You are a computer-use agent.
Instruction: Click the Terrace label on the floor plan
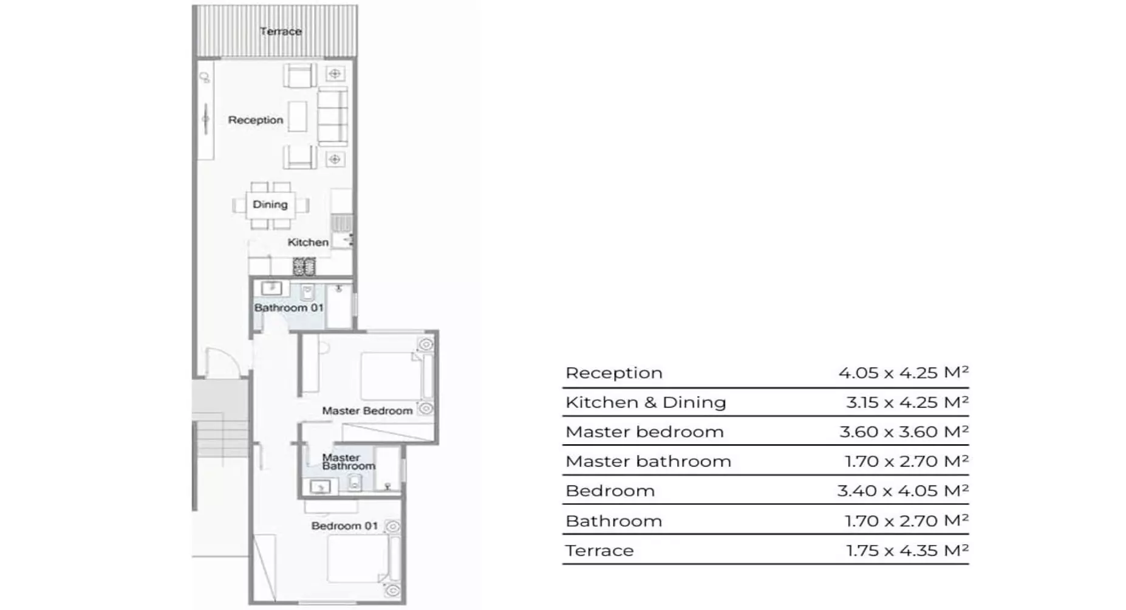click(281, 31)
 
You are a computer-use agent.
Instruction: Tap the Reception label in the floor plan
click(256, 120)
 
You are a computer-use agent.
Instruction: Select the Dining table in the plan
click(270, 205)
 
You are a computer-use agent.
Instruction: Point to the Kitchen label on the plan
click(308, 242)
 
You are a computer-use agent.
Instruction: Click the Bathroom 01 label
click(288, 307)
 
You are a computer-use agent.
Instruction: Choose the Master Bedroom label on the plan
click(367, 411)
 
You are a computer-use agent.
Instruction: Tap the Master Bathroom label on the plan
click(348, 462)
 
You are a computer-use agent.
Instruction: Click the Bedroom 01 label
click(344, 526)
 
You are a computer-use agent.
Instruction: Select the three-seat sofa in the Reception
click(333, 116)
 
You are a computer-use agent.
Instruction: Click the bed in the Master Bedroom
click(392, 376)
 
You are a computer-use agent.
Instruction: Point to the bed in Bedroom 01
click(358, 559)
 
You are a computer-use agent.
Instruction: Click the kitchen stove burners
click(304, 266)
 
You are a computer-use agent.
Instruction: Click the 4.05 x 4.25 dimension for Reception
click(903, 372)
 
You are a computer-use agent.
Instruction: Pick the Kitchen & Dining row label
click(646, 402)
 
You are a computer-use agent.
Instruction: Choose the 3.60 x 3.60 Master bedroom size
click(904, 431)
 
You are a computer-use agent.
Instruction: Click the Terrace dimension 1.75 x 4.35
click(907, 550)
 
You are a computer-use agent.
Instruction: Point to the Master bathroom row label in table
click(648, 461)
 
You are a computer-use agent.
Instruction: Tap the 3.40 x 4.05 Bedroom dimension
click(903, 490)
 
